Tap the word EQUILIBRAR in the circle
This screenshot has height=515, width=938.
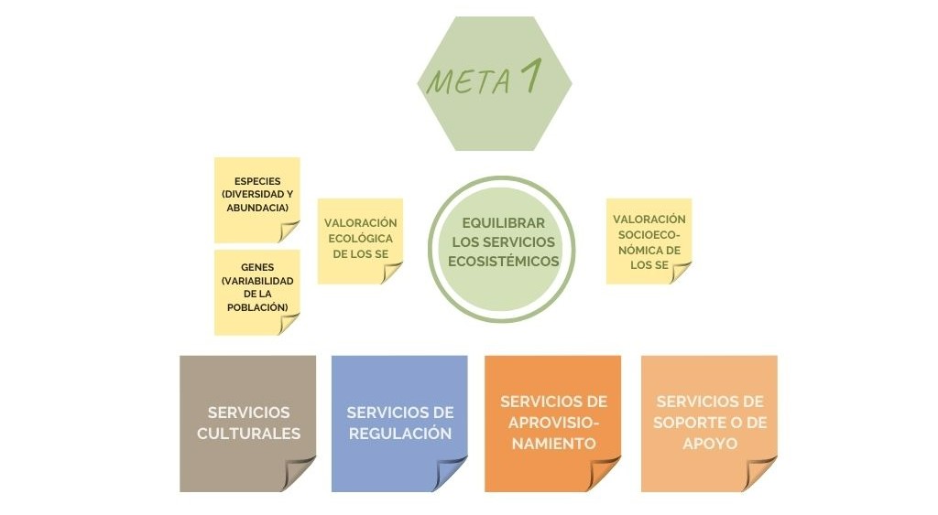[x=503, y=222]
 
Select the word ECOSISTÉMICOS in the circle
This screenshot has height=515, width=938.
[x=504, y=261]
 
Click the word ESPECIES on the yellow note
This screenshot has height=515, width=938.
[x=257, y=181]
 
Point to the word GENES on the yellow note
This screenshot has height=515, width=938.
[x=257, y=266]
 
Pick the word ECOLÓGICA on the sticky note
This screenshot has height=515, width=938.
[x=360, y=238]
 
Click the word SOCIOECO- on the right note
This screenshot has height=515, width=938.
[x=649, y=234]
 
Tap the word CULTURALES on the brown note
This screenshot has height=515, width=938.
[x=248, y=433]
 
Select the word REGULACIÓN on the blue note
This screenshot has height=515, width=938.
[x=399, y=433]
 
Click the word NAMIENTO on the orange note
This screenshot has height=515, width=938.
[x=552, y=443]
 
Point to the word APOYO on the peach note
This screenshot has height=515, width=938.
[x=709, y=443]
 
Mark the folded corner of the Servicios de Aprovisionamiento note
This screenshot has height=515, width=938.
[x=605, y=476]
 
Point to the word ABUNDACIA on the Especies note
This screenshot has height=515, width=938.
[x=257, y=208]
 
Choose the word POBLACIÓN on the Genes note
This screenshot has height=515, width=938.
[x=257, y=306]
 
